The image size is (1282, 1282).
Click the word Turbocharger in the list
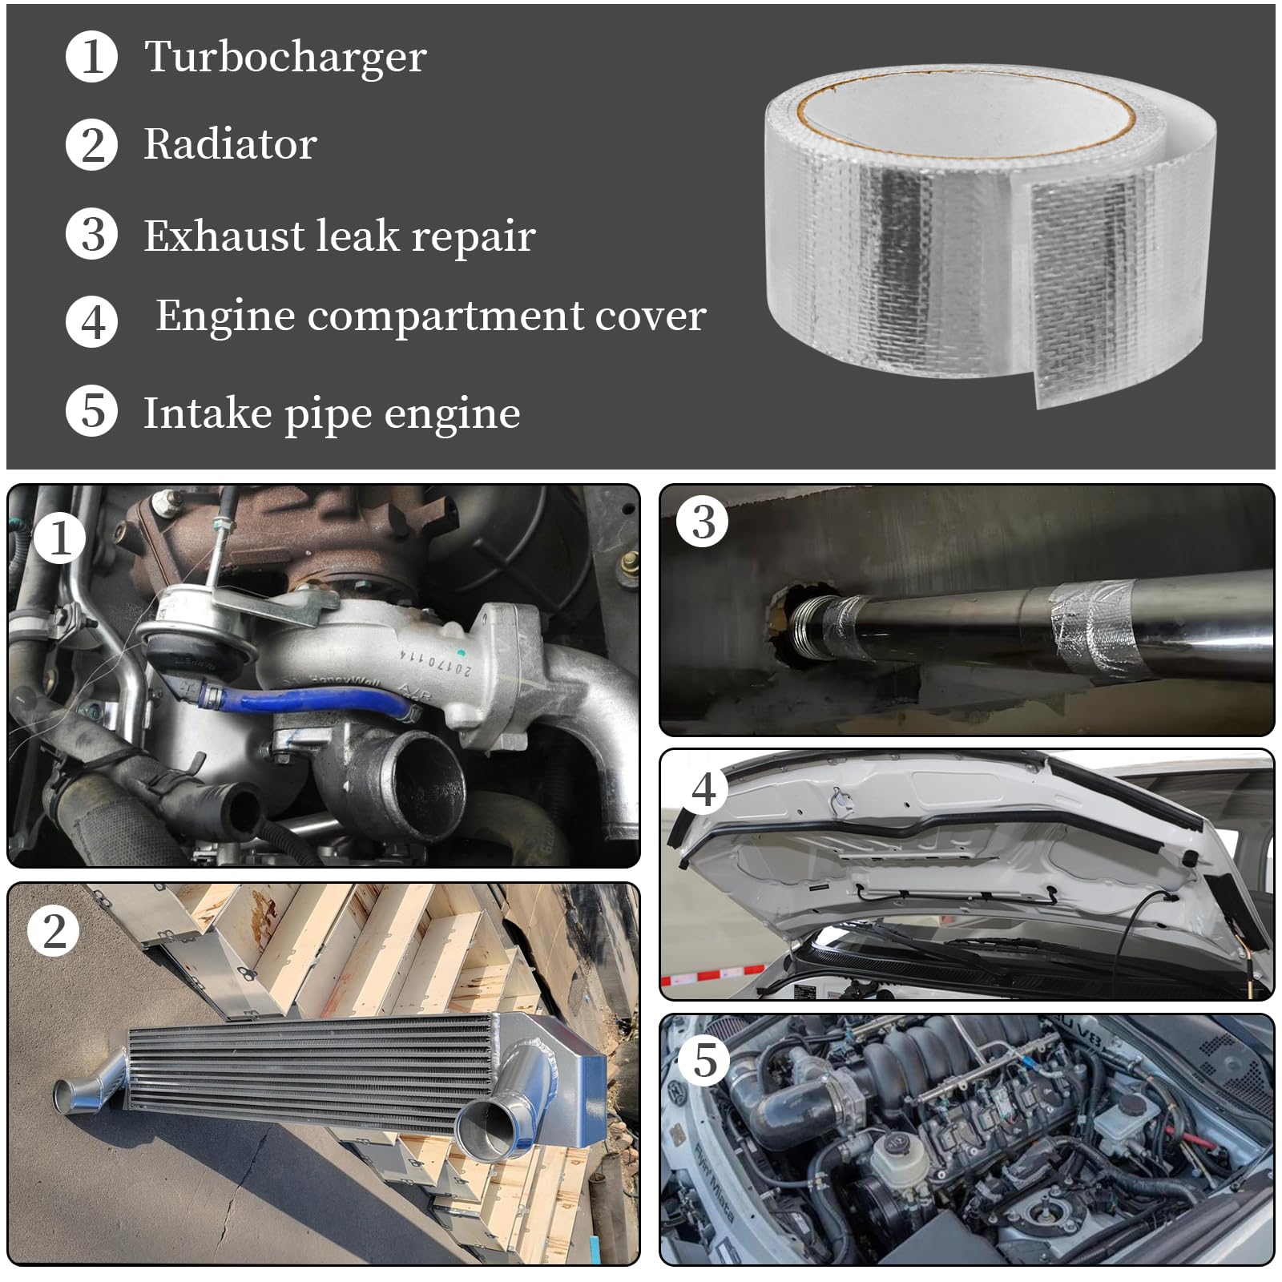285,57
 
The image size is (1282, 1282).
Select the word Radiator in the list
231,145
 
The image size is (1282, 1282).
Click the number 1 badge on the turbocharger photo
59,538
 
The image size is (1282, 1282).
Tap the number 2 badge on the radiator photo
54,931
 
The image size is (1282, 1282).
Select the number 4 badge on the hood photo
703,789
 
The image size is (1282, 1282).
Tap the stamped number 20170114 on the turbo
437,662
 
